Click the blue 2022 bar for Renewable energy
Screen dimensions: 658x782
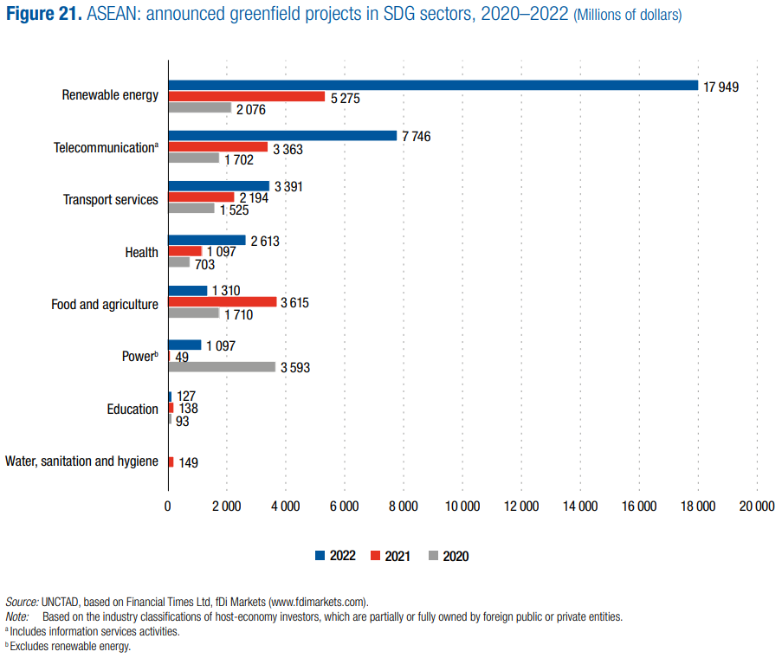click(x=433, y=85)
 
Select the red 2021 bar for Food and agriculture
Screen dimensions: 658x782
click(x=223, y=302)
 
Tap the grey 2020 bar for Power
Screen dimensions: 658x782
click(x=222, y=367)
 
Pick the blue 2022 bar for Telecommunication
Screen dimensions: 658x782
click(x=282, y=136)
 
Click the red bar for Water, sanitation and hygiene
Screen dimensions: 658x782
click(x=171, y=462)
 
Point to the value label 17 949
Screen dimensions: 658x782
click(x=721, y=87)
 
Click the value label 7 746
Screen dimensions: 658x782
click(x=416, y=137)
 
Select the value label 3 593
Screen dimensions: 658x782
click(x=294, y=368)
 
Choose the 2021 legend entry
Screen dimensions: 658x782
click(x=391, y=556)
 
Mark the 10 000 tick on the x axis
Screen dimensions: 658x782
click(x=462, y=506)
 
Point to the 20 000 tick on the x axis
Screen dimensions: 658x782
click(x=756, y=506)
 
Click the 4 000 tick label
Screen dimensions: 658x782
click(x=285, y=506)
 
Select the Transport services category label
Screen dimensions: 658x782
click(x=111, y=200)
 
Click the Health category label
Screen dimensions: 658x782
click(x=142, y=253)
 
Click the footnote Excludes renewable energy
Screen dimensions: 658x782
click(x=70, y=646)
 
